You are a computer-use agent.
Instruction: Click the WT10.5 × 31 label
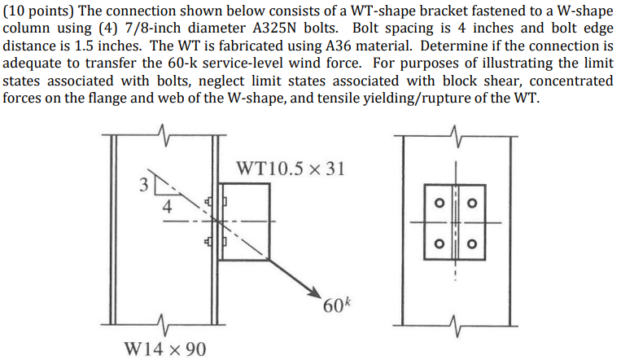tap(291, 169)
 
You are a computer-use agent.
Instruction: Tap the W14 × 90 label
tap(165, 349)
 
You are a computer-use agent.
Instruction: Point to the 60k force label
tap(336, 306)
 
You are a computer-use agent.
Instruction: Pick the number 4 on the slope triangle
tap(167, 207)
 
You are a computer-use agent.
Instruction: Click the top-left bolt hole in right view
tap(438, 201)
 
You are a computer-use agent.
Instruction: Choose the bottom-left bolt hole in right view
tap(438, 242)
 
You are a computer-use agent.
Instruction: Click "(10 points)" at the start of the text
tap(37, 9)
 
